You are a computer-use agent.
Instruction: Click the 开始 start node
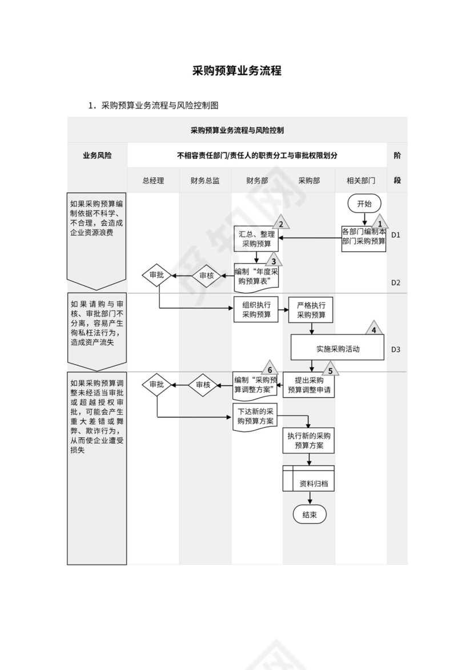point(364,204)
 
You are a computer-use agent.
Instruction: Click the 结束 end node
point(310,514)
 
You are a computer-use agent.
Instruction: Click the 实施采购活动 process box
point(338,348)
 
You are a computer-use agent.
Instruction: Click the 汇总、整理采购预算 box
point(256,239)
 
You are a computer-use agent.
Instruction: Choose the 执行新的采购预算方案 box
point(309,440)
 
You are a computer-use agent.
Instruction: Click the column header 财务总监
point(205,180)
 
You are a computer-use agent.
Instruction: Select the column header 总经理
point(153,180)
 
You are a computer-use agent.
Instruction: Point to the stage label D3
point(396,349)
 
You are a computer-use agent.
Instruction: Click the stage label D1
point(396,235)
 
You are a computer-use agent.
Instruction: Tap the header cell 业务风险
point(97,155)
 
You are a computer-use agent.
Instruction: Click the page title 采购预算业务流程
point(236,71)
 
